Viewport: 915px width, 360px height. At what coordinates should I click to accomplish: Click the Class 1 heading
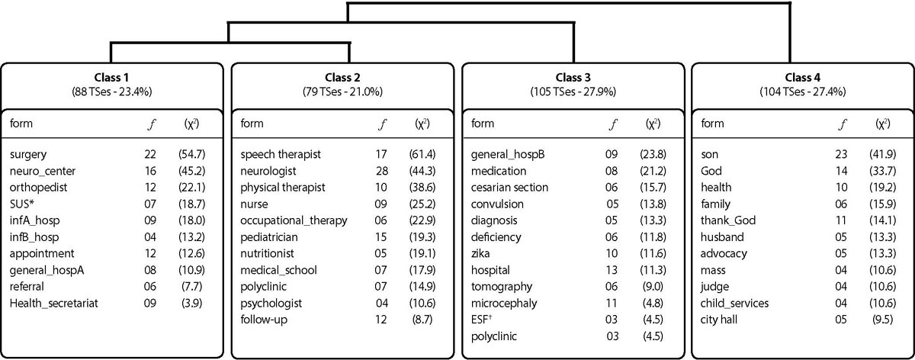tap(111, 77)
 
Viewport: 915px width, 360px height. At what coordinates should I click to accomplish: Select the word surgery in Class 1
tap(28, 155)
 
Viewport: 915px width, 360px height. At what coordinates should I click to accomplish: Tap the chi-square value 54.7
tap(191, 155)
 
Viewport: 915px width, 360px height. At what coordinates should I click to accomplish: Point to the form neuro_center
tap(43, 171)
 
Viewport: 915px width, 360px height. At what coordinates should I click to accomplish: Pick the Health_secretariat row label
tap(54, 304)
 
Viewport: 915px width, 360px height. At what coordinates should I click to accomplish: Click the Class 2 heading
tap(342, 77)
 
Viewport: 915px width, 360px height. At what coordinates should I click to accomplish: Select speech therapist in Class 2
tap(281, 155)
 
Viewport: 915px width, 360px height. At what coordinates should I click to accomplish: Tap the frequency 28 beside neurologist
tap(381, 171)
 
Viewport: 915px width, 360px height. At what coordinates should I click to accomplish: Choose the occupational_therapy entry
tap(294, 220)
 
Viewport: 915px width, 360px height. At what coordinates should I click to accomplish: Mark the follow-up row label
tap(264, 320)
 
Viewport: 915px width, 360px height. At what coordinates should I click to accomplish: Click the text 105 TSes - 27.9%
tap(573, 92)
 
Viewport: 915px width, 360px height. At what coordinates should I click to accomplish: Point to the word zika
tap(480, 253)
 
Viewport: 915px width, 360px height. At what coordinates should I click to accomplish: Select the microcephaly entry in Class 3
tap(504, 304)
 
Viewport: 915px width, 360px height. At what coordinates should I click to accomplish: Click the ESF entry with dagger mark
tap(481, 319)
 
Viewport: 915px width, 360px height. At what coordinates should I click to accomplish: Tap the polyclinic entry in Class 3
tap(493, 336)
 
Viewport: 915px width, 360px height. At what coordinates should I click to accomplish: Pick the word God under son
tap(711, 171)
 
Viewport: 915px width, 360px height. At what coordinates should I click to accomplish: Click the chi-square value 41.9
tap(883, 155)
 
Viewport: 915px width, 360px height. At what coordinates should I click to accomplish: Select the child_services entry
tap(734, 304)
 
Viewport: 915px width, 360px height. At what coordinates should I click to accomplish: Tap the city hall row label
tap(719, 320)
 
